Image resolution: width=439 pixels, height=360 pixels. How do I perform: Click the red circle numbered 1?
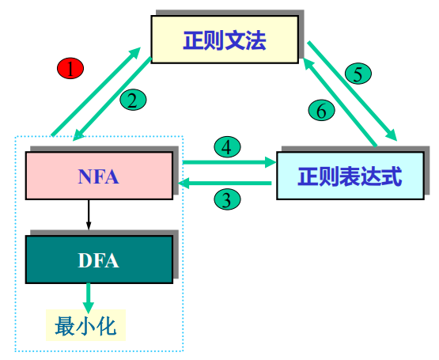(x=70, y=69)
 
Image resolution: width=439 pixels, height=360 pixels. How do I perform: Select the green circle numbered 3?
(x=228, y=199)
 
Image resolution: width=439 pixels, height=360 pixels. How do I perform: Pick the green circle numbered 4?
(x=227, y=147)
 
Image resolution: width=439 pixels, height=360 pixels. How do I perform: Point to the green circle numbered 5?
(x=358, y=74)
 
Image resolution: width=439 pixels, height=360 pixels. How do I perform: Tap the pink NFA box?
(x=98, y=176)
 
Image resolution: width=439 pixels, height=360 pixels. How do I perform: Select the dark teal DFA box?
(x=98, y=260)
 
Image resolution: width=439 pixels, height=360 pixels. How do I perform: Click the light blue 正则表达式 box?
(x=350, y=176)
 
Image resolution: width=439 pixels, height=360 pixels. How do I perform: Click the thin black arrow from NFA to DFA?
(x=89, y=216)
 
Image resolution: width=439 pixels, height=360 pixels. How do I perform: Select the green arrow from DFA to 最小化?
(x=89, y=297)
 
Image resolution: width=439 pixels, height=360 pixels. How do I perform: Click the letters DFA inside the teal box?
(x=98, y=260)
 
